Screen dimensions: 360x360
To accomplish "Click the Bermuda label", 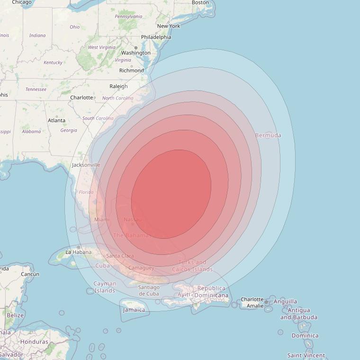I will (268, 135).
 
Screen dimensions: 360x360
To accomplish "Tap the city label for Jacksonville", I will (86, 165).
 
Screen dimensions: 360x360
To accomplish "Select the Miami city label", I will (102, 219).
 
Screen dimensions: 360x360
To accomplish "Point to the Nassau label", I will (132, 219).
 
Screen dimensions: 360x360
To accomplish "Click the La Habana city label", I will (78, 252).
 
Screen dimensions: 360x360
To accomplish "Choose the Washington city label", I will (135, 53).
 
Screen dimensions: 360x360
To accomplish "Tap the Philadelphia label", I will (156, 37).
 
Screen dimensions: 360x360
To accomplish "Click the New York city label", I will (169, 26).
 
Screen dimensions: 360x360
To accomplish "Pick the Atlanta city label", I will (56, 120).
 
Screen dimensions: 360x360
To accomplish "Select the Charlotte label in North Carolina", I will (81, 98).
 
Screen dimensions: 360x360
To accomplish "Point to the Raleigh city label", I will (118, 86).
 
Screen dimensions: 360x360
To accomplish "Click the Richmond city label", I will (131, 71).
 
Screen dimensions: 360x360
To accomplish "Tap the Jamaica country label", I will (134, 310).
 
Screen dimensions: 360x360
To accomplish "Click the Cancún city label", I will (30, 274).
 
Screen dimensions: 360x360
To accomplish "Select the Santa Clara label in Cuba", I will (120, 256).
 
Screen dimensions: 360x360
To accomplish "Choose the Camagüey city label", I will (141, 268).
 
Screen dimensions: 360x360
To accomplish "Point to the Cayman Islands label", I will (105, 287).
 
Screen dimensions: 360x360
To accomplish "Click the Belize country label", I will (15, 315).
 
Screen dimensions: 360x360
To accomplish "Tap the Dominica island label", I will (305, 335).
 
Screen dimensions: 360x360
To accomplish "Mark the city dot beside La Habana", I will (79, 247).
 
